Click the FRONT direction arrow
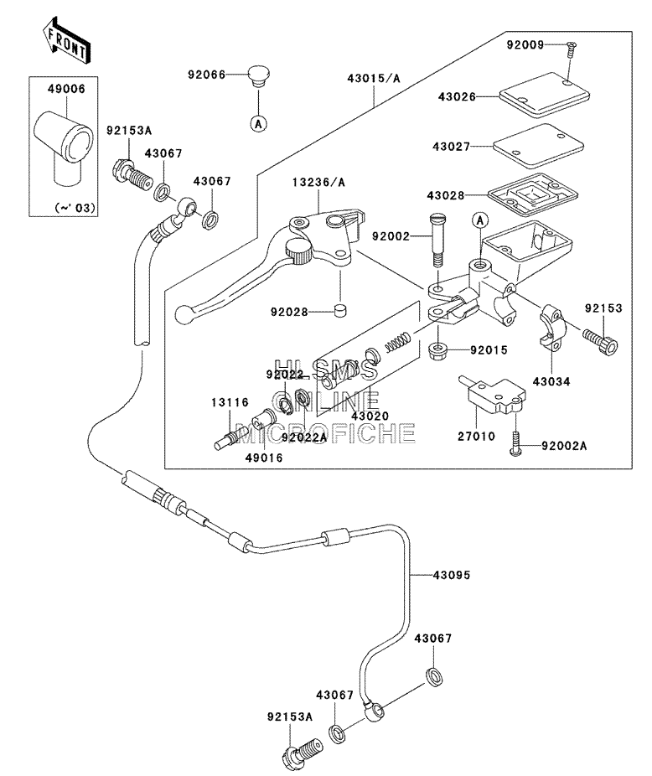[x=66, y=40]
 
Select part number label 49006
[x=66, y=89]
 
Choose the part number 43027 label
[x=451, y=147]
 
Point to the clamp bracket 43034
[x=550, y=327]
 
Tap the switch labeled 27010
[x=494, y=395]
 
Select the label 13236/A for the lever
[x=318, y=183]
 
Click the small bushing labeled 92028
[x=339, y=312]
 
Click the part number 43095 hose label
[x=452, y=575]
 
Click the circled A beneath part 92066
[x=258, y=123]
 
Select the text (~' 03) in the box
[x=75, y=207]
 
